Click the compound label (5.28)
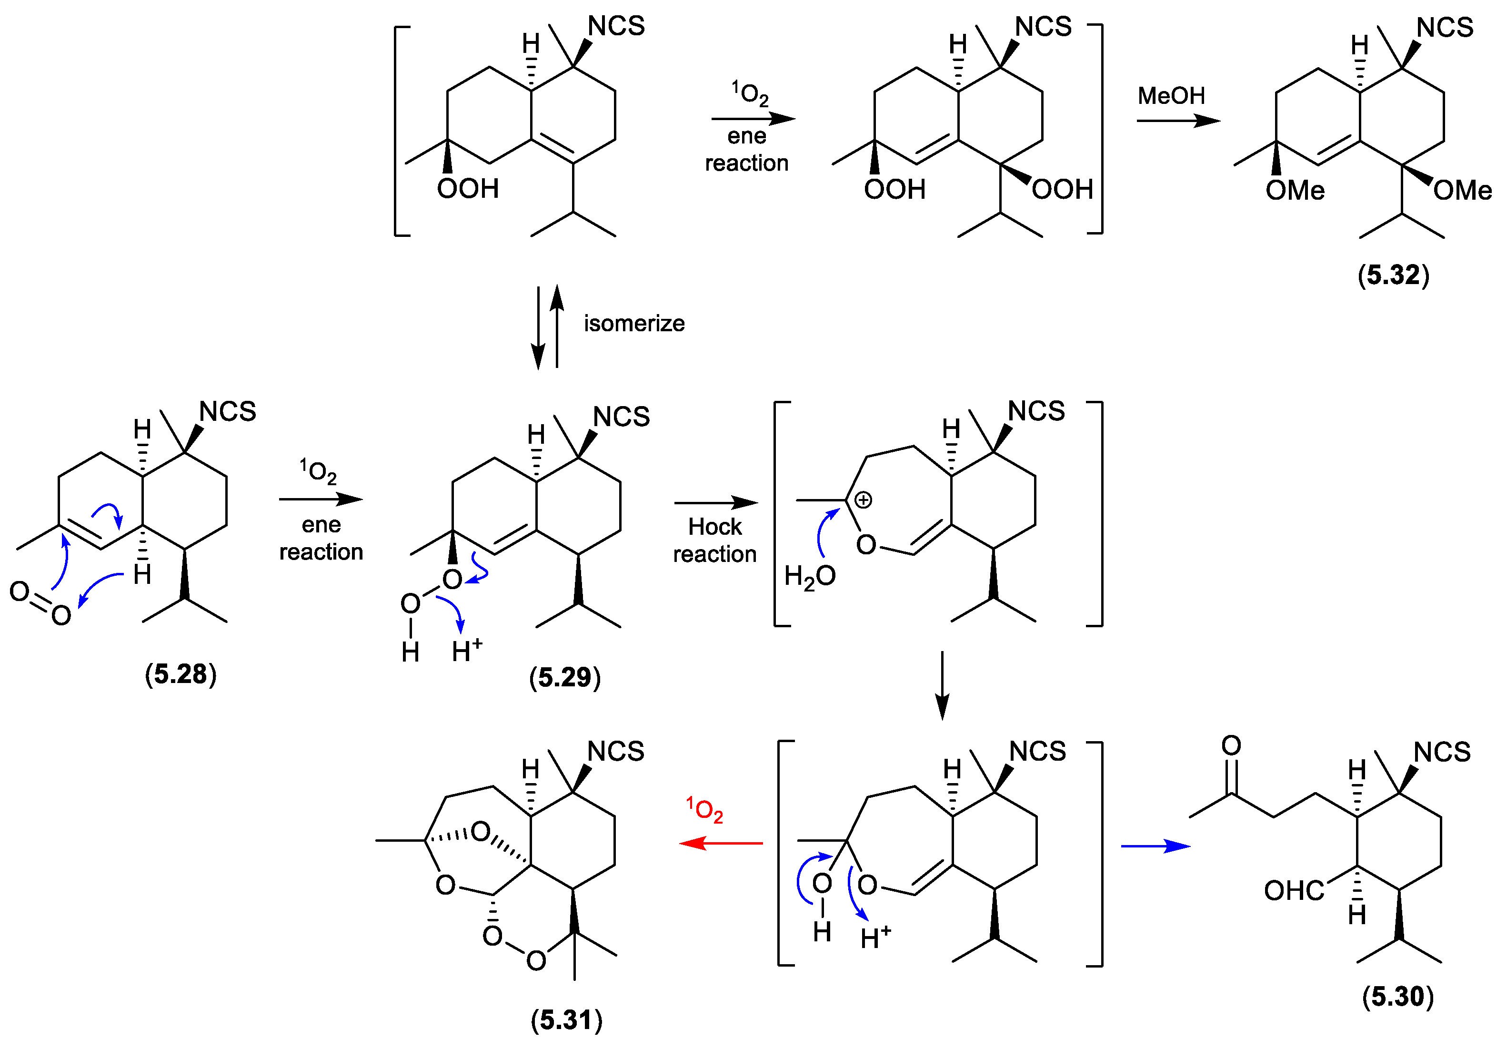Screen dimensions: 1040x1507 [x=181, y=674]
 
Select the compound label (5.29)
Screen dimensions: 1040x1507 [x=564, y=678]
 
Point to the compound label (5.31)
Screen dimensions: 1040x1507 [x=567, y=1020]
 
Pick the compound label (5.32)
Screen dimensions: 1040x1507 [x=1393, y=275]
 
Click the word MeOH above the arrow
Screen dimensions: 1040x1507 [x=1171, y=96]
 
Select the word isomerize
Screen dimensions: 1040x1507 [x=633, y=323]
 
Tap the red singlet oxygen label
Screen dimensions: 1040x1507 [x=705, y=810]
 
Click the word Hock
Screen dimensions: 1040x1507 [x=714, y=527]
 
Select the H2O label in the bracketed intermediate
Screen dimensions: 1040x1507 [x=810, y=577]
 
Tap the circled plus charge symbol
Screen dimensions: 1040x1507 [x=863, y=500]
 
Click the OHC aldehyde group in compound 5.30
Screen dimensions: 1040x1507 [x=1294, y=891]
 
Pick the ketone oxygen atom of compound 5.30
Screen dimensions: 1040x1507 [x=1231, y=745]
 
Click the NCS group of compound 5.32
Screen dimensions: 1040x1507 [x=1445, y=27]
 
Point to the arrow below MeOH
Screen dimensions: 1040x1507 [x=1178, y=121]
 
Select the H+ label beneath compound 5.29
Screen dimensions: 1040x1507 [x=467, y=650]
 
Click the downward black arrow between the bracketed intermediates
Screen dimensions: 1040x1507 [x=942, y=685]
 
